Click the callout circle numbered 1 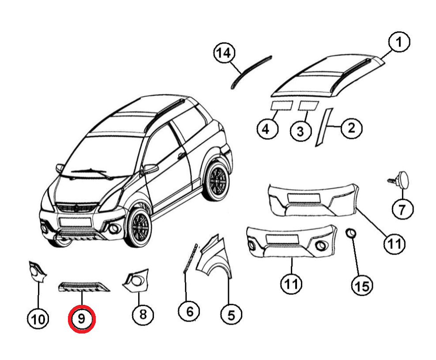(x=399, y=42)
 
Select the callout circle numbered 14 (x=224, y=53)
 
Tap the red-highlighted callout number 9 (x=82, y=319)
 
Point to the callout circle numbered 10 (x=38, y=319)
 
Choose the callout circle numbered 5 (x=231, y=315)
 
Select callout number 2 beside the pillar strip (x=351, y=128)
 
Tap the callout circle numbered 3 (x=301, y=131)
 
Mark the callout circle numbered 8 (x=143, y=314)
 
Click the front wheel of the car (x=139, y=227)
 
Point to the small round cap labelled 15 (x=351, y=233)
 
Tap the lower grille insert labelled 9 (x=83, y=287)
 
